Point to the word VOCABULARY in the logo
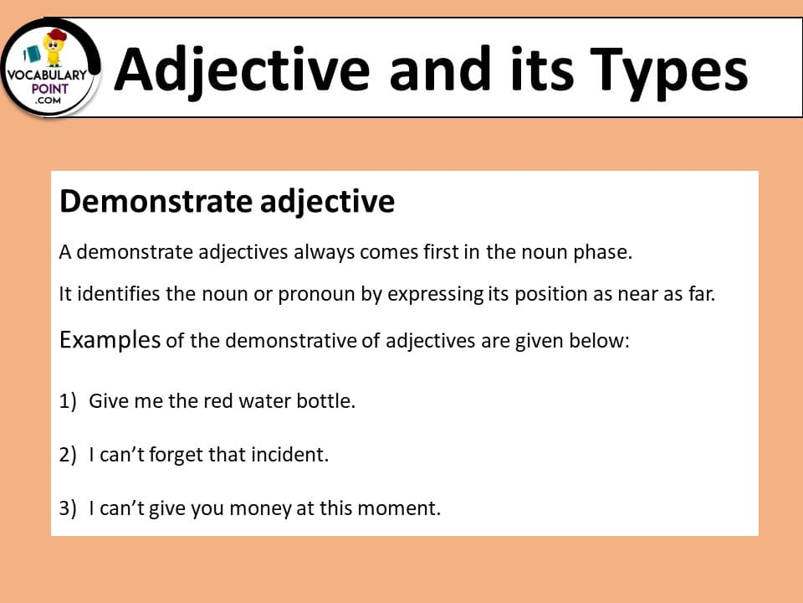47,75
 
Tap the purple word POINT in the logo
49,89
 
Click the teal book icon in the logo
33,54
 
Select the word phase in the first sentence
602,252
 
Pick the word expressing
435,294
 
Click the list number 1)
68,401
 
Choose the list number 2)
68,455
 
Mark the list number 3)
68,508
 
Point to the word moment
398,508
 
